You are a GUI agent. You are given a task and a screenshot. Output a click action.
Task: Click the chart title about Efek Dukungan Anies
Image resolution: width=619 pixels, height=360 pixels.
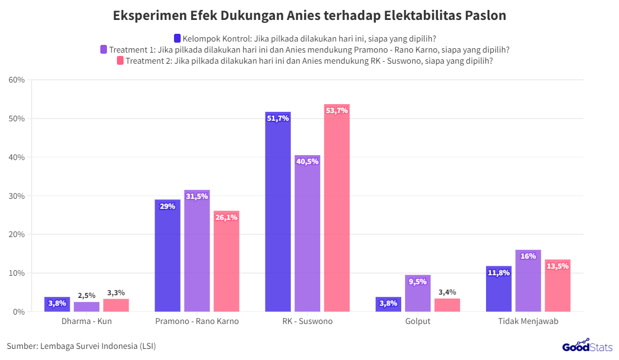coord(309,16)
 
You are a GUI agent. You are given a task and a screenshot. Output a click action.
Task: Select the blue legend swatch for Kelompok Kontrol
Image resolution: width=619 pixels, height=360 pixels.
coord(177,38)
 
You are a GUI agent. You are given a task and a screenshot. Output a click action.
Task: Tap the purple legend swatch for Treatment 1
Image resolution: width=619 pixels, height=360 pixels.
coord(104,49)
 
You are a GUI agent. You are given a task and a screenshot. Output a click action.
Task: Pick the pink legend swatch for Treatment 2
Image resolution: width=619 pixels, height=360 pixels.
coord(120,61)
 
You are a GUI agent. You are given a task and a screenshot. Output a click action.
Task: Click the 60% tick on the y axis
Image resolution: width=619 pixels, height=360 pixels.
coord(17,80)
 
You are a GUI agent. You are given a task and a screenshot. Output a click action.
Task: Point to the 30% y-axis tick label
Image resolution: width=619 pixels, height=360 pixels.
coord(17,196)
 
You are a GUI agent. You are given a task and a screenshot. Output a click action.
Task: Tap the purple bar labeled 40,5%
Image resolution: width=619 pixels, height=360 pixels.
coord(307,233)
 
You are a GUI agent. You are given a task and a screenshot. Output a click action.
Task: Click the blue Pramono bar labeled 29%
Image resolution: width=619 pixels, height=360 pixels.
coord(167,255)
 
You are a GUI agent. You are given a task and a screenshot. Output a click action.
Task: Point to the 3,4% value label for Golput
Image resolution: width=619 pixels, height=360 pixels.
coord(447,292)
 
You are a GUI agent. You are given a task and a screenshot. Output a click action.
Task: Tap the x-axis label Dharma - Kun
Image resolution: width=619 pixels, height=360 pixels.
coord(86,321)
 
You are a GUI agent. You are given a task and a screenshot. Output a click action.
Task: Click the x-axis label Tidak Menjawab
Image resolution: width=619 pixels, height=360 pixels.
coord(528,321)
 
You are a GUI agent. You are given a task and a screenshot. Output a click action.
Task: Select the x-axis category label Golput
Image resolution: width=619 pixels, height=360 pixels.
coord(417,321)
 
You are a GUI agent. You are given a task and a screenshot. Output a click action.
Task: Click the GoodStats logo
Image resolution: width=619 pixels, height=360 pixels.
coord(587,346)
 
